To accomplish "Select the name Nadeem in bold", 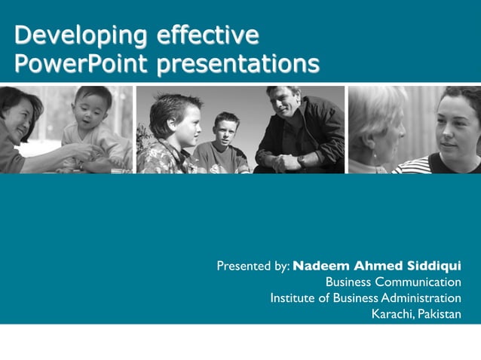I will (x=320, y=266).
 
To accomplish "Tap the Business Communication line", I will (x=393, y=282).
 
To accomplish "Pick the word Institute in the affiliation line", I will (x=290, y=298).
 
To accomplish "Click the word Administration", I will (x=421, y=298).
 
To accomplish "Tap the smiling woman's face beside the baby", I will (x=18, y=113).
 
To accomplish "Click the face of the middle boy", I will (x=225, y=130).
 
